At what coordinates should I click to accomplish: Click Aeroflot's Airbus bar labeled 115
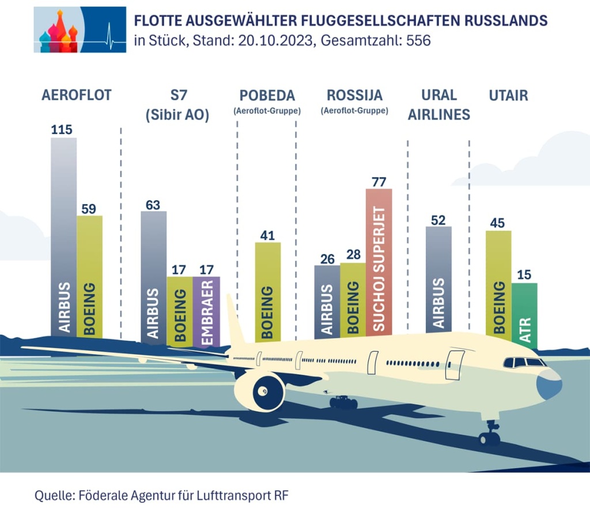pyautogui.click(x=63, y=231)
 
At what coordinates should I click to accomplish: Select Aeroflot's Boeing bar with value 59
pyautogui.click(x=89, y=271)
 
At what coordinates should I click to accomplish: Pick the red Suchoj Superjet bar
pyautogui.click(x=379, y=260)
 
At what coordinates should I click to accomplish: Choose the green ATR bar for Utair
pyautogui.click(x=524, y=314)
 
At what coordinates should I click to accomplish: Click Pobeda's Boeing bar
pyautogui.click(x=268, y=288)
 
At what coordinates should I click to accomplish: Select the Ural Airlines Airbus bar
pyautogui.click(x=438, y=277)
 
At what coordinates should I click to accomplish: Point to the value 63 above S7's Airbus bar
pyautogui.click(x=153, y=205)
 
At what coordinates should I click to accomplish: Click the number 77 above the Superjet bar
pyautogui.click(x=379, y=182)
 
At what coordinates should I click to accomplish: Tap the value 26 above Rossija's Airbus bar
pyautogui.click(x=327, y=258)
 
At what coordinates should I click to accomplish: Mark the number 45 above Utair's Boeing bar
pyautogui.click(x=498, y=224)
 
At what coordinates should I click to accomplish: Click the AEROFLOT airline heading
pyautogui.click(x=76, y=96)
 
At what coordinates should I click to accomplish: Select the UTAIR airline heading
pyautogui.click(x=508, y=96)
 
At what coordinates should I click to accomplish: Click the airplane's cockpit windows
pyautogui.click(x=524, y=362)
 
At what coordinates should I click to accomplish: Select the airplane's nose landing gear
pyautogui.click(x=489, y=435)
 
